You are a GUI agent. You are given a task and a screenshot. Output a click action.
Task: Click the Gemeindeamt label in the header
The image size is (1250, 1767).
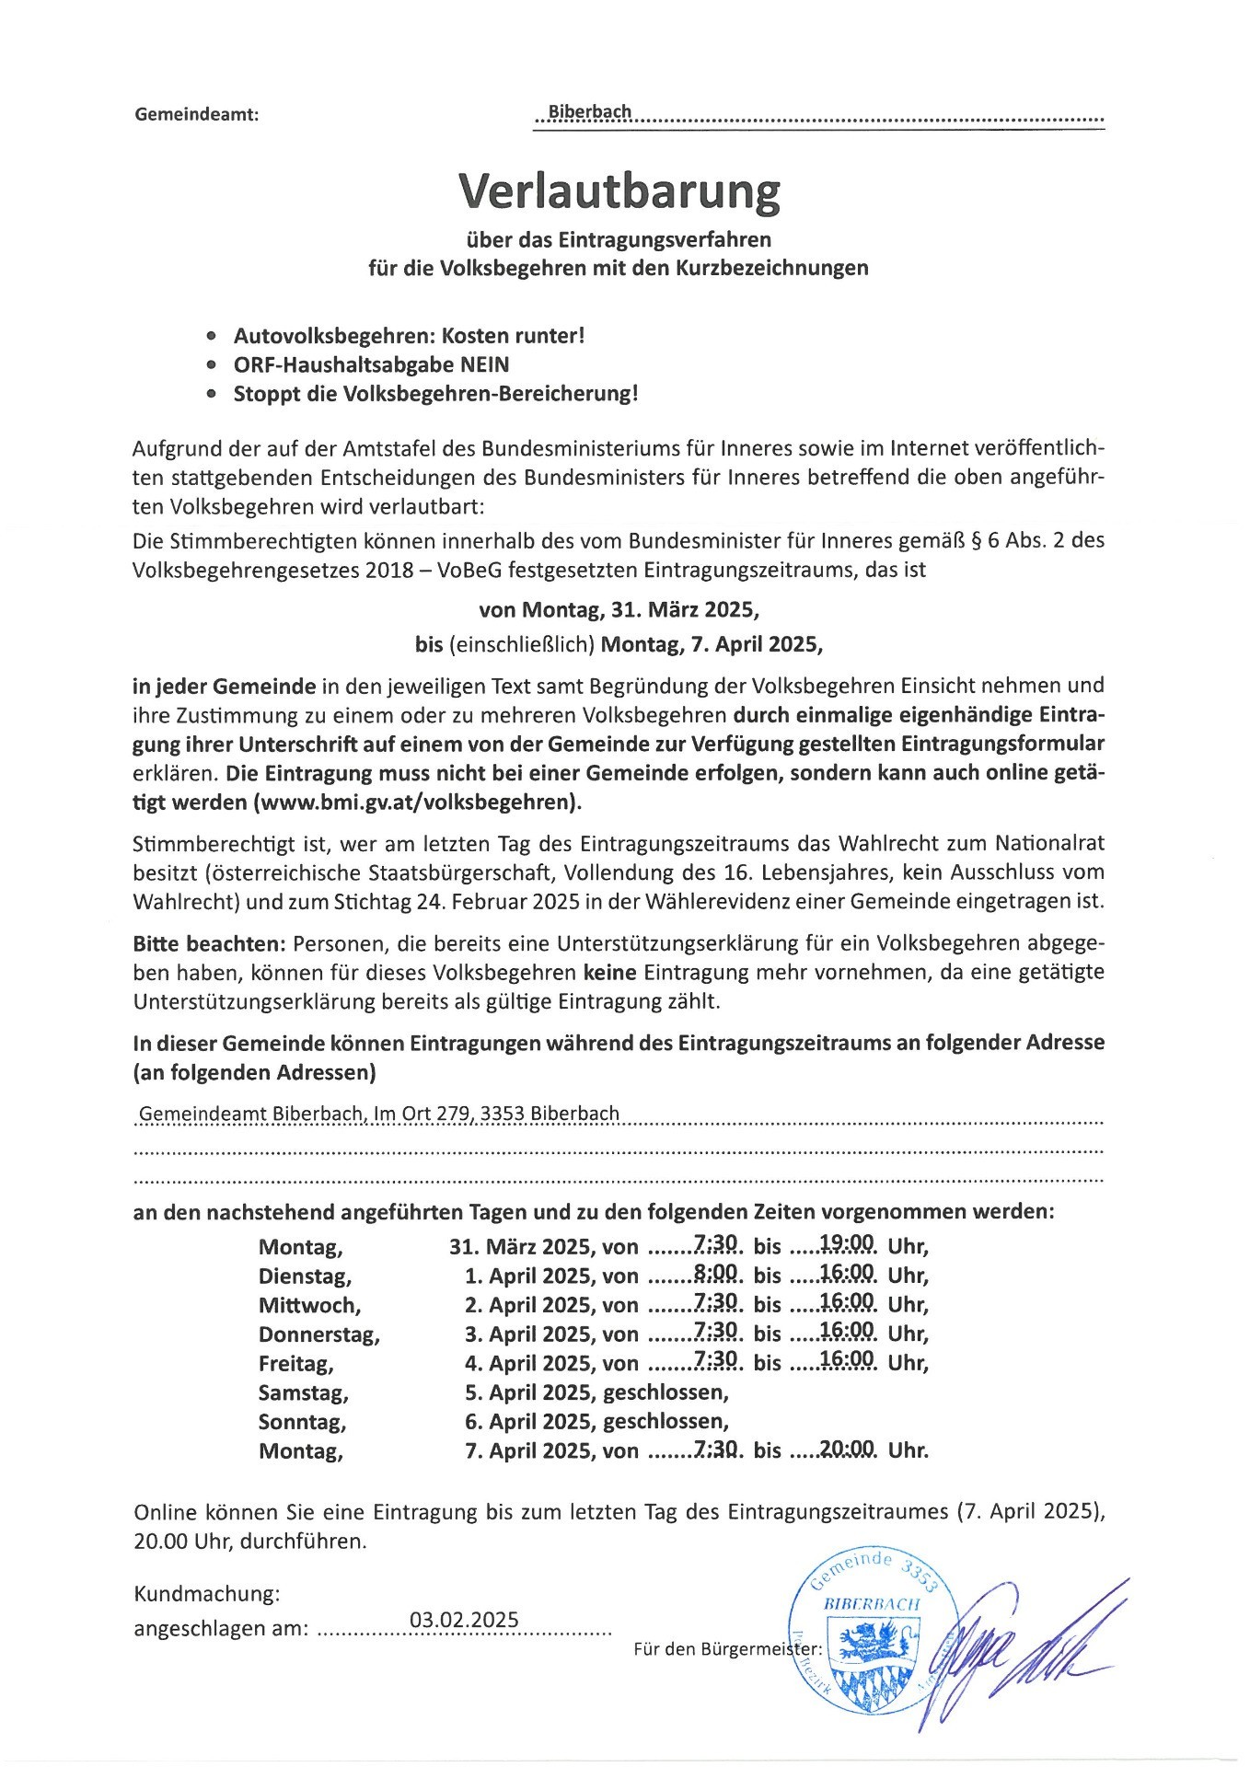point(196,115)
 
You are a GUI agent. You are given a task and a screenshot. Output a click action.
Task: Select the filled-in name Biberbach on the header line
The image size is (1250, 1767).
point(590,112)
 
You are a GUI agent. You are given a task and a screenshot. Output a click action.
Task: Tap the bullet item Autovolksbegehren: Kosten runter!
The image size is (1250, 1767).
point(409,335)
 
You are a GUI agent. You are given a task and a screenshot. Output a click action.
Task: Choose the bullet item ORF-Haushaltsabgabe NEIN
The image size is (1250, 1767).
point(371,364)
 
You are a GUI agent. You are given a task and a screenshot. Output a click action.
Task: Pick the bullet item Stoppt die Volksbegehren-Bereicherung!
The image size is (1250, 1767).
point(435,394)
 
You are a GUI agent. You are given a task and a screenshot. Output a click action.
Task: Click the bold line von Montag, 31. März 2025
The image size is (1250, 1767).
point(619,609)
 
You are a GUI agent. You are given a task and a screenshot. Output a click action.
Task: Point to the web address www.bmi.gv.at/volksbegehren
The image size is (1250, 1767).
point(418,802)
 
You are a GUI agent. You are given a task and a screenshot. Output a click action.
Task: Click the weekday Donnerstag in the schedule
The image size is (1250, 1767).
point(318,1334)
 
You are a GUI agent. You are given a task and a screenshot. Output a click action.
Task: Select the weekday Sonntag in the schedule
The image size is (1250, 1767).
point(302,1421)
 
